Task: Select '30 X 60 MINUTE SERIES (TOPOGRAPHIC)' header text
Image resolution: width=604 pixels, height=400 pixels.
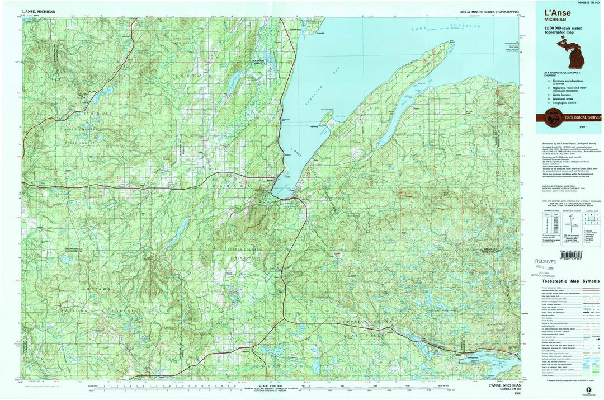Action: tap(489, 12)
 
